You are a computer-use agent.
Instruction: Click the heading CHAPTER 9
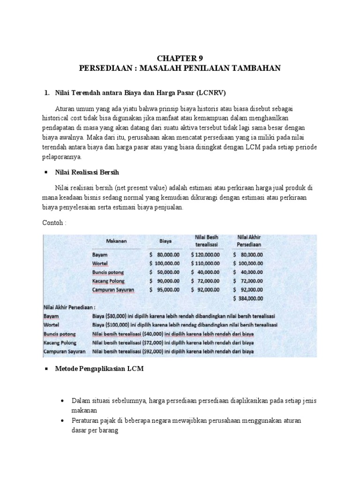point(180,59)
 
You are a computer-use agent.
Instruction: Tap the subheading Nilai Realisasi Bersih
point(88,172)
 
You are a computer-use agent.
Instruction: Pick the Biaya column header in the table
point(165,241)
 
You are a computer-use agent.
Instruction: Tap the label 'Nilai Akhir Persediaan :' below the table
point(69,307)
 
